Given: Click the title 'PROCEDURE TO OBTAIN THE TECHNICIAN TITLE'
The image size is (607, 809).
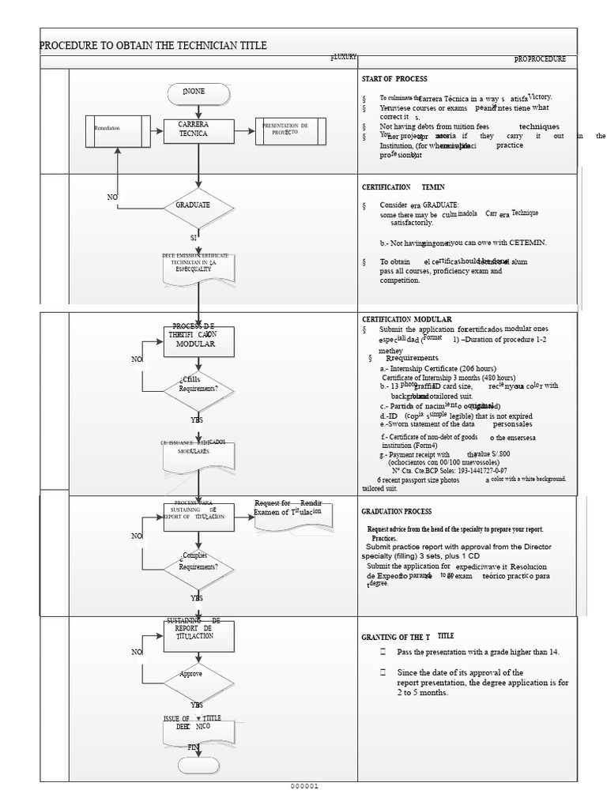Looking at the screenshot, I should [x=153, y=46].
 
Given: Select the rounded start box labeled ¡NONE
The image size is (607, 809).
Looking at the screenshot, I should [x=198, y=94].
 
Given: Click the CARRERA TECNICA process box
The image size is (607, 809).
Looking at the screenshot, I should [x=198, y=131].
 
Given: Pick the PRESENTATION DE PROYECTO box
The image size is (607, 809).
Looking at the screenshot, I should [x=290, y=131].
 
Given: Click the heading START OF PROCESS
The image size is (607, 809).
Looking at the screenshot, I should [x=394, y=80].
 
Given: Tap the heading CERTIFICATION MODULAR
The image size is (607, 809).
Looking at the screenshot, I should [x=407, y=319].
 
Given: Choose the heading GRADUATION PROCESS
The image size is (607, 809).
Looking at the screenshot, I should [x=397, y=512].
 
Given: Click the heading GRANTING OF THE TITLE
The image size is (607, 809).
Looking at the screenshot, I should [x=407, y=636].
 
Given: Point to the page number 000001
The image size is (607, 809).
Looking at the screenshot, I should [x=303, y=786].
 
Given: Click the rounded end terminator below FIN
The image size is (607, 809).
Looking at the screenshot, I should [x=198, y=765].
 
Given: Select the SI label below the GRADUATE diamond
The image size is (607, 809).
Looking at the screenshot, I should [x=194, y=237].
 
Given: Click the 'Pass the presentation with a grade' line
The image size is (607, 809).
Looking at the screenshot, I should [x=477, y=652].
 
